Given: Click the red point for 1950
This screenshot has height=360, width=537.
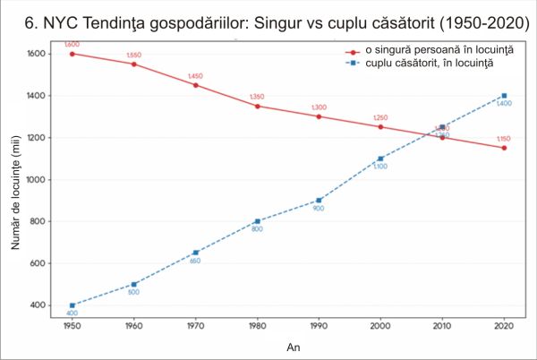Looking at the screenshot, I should (72, 54).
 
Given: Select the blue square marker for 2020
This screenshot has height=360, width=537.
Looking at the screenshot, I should (504, 96).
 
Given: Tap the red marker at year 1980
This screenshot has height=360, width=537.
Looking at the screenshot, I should (257, 106).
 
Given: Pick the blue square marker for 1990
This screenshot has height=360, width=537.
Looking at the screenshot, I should (319, 200).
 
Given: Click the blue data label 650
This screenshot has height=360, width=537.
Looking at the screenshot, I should (195, 261).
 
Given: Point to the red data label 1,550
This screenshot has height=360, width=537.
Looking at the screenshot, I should (134, 55).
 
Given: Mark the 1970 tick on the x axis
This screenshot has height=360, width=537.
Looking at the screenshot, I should (195, 324).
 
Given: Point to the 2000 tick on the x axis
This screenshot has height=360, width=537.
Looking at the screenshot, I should (380, 324).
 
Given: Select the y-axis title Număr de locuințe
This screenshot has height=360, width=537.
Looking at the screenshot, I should (16, 179).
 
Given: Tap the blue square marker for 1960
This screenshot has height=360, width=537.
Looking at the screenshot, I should (134, 284).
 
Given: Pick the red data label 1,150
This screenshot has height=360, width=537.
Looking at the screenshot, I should (504, 139).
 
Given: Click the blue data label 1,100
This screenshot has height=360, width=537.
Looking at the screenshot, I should (380, 167).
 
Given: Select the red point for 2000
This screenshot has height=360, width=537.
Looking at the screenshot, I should (380, 126).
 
